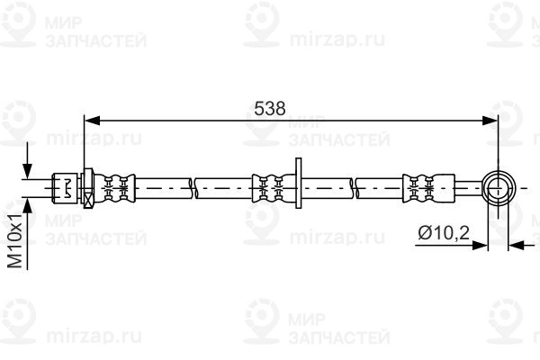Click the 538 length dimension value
pyautogui.click(x=270, y=109)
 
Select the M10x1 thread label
pyautogui.click(x=15, y=240)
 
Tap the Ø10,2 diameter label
pyautogui.click(x=444, y=233)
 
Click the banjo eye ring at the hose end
pyautogui.click(x=499, y=188)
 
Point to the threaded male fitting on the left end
pyautogui.click(x=66, y=188)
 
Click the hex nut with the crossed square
pyautogui.click(x=88, y=188)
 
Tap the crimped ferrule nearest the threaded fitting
pyautogui.click(x=114, y=188)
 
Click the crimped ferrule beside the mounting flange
pyautogui.click(x=274, y=188)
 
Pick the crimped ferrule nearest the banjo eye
pyautogui.click(x=428, y=188)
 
